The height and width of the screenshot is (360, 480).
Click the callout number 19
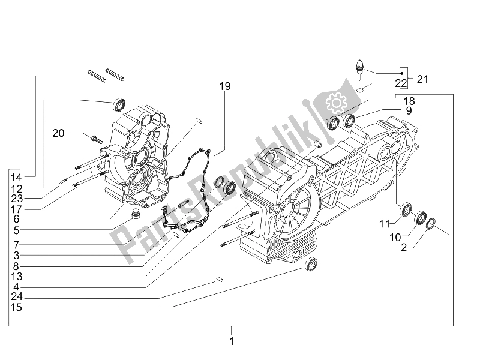pos(225,87)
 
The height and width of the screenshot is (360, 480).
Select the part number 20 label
pos(75,133)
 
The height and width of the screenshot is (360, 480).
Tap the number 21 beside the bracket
pos(424,79)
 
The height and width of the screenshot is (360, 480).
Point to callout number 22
pos(401,83)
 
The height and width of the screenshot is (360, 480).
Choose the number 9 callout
pos(408,110)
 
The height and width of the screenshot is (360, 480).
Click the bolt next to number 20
pos(97,137)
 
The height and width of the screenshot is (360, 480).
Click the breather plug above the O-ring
pos(361,69)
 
